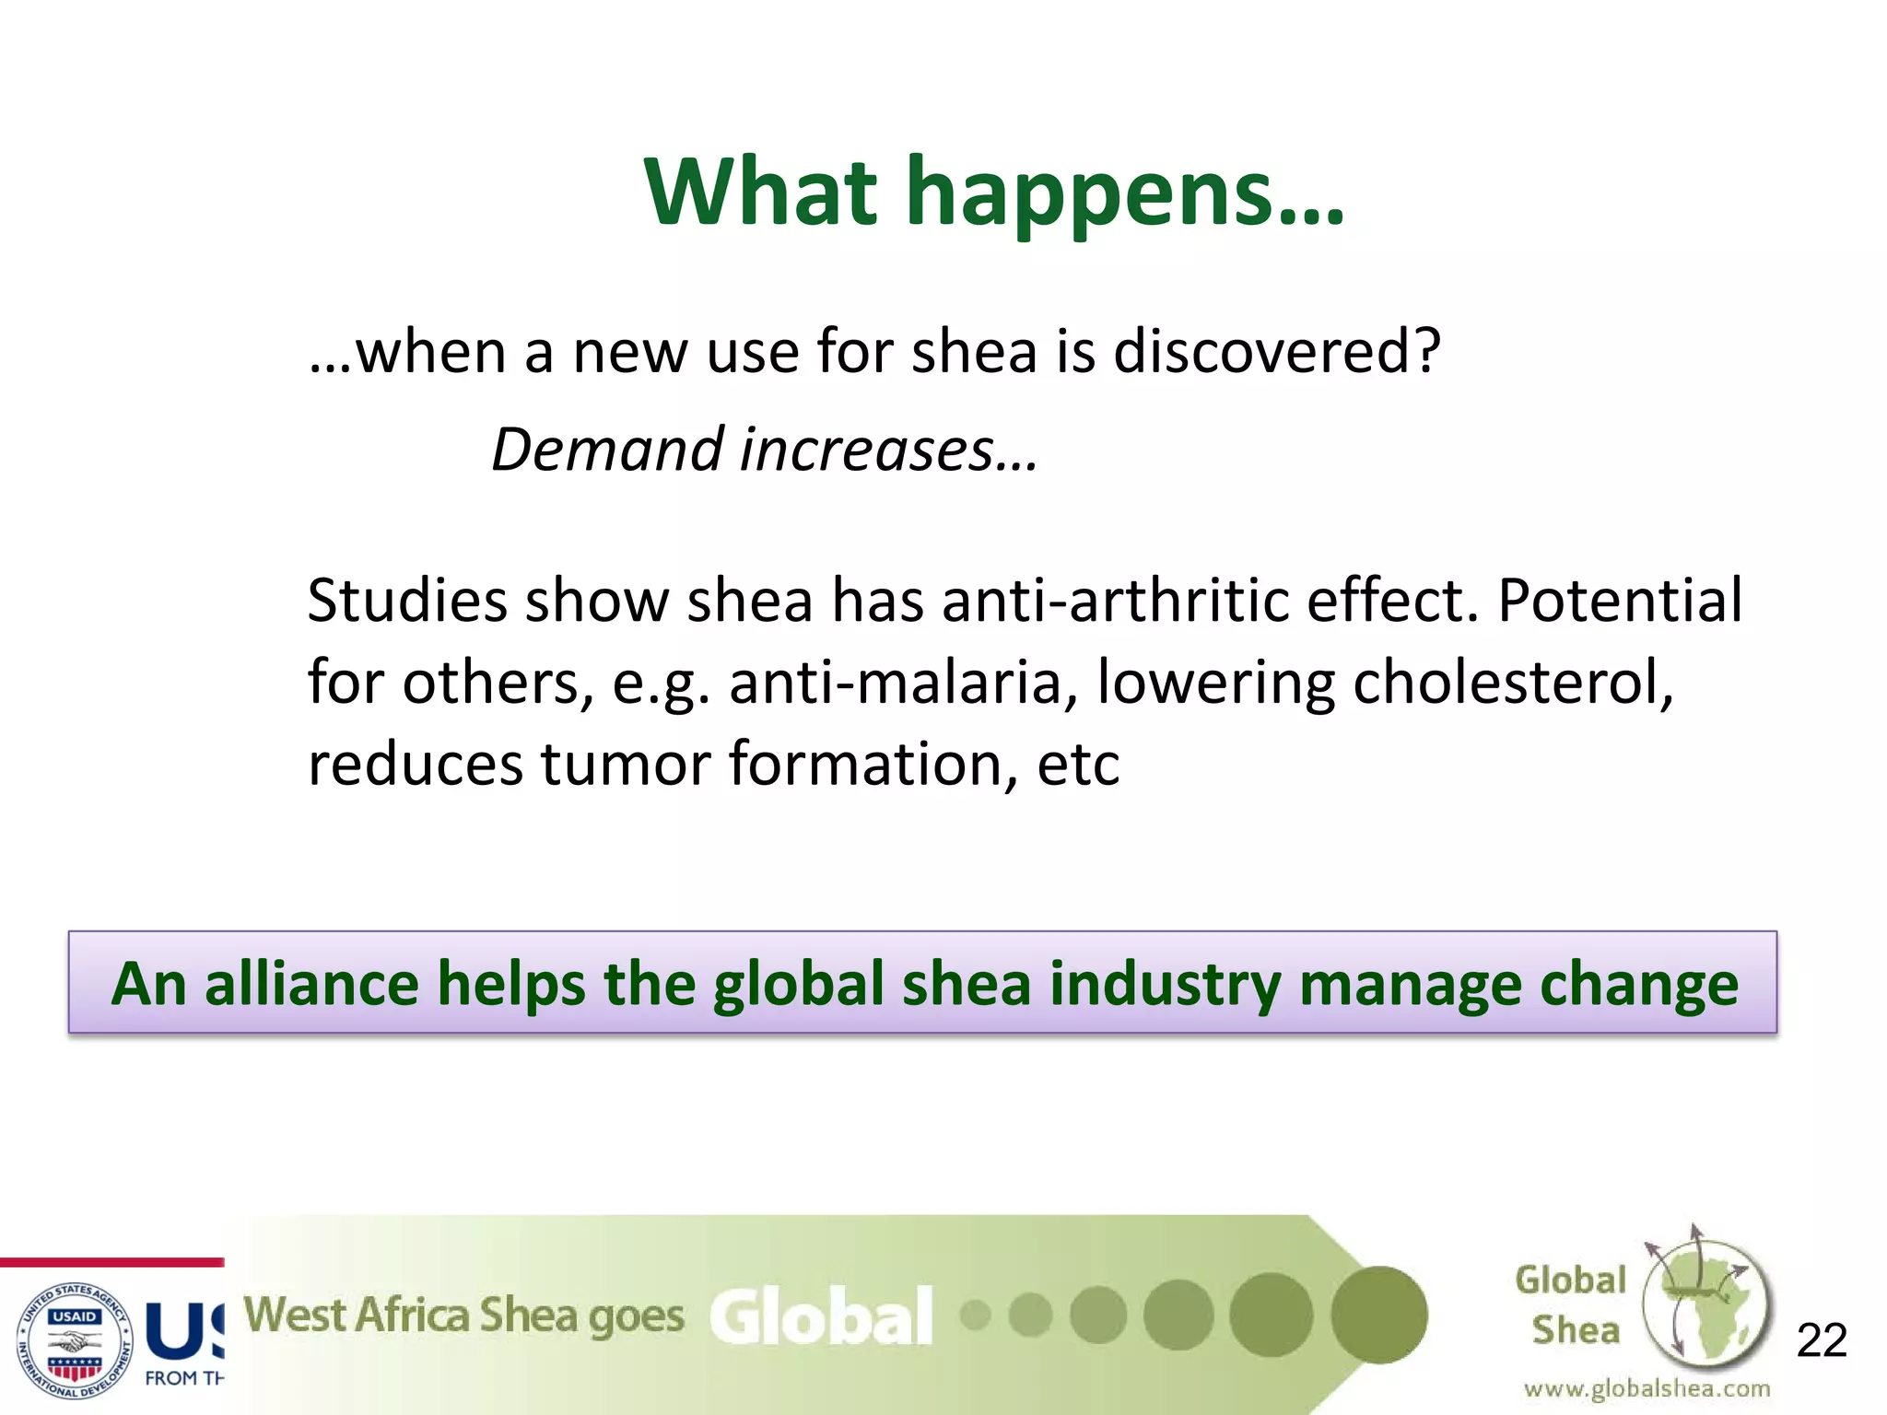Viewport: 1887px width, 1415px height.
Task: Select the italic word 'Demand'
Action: coord(608,450)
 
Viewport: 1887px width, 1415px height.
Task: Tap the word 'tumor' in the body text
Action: coord(625,765)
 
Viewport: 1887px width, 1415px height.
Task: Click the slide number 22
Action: coord(1822,1339)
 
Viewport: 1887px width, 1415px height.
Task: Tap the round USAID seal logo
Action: coord(76,1339)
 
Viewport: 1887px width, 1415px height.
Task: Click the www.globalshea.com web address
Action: coord(1647,1388)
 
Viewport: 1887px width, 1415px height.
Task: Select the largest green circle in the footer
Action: coord(1379,1315)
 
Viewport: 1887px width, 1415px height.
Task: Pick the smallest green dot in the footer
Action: coord(975,1316)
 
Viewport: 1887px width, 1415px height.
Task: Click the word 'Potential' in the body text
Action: coord(1620,601)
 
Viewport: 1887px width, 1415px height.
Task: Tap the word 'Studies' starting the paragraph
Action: coord(407,601)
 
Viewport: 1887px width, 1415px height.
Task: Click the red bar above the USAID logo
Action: coord(111,1262)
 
